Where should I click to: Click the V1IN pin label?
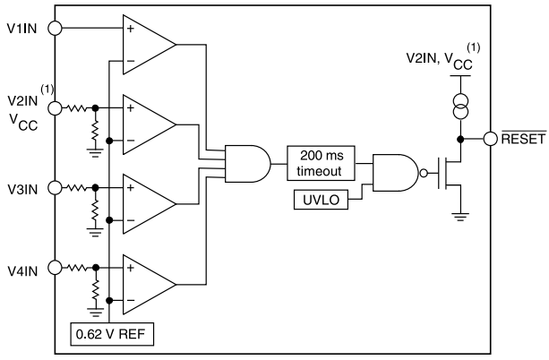[x=22, y=28]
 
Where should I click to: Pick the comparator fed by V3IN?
[x=149, y=202]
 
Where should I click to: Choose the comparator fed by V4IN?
[x=149, y=281]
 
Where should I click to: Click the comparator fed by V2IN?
[x=149, y=123]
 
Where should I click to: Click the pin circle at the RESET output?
[x=490, y=139]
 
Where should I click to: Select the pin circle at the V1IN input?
[x=54, y=28]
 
